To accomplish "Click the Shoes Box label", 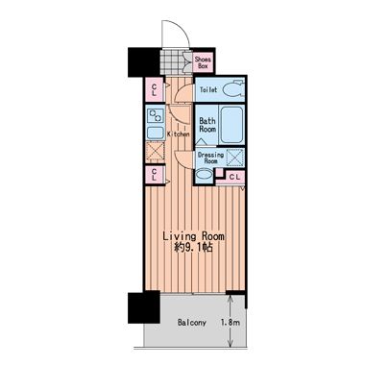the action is point(204,62).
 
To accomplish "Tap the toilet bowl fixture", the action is point(231,89).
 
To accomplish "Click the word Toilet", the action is point(208,89).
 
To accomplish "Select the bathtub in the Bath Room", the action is point(231,125).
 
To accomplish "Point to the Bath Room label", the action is point(207,125).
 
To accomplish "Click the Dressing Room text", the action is point(210,158).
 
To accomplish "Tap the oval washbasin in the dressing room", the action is point(204,175).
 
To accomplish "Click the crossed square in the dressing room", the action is point(235,158).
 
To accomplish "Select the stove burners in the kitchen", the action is point(156,115).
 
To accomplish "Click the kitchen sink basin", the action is point(156,132).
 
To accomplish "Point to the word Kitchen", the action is point(179,134).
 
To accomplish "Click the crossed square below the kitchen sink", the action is point(156,152).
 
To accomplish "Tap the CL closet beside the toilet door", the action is point(154,89).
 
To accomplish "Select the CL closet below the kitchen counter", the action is point(154,175).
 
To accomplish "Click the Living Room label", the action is point(193,236).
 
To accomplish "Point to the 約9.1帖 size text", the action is point(193,248).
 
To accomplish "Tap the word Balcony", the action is point(192,323).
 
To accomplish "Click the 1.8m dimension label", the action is point(231,323).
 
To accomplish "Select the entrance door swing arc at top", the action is point(180,28).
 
